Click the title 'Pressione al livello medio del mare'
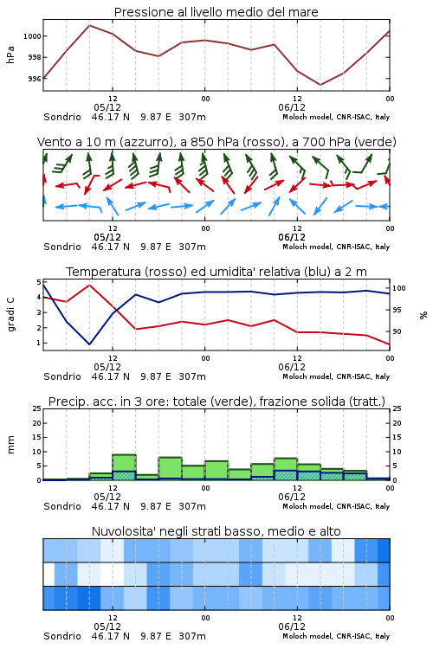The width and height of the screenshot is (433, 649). click(x=216, y=12)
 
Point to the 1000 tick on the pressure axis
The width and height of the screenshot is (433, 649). click(x=32, y=36)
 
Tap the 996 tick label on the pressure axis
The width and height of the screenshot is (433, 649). click(x=35, y=79)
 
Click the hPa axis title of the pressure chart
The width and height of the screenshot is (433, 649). click(x=10, y=55)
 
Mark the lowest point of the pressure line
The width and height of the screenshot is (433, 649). click(x=320, y=85)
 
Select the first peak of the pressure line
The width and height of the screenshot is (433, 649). click(x=89, y=25)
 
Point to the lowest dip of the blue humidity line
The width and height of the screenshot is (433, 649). click(x=89, y=344)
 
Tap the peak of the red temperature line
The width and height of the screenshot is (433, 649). click(x=89, y=285)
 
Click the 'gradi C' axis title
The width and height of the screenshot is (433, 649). click(x=11, y=314)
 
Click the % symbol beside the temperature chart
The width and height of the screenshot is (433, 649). click(x=423, y=315)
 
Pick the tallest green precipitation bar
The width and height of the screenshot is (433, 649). click(x=125, y=467)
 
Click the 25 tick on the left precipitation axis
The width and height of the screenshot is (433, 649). click(x=37, y=408)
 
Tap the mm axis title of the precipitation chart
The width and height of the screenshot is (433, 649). click(x=10, y=445)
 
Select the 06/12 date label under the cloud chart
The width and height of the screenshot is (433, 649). click(x=292, y=627)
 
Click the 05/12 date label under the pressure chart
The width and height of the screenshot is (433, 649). click(x=107, y=107)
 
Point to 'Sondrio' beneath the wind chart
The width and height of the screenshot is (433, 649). click(x=62, y=247)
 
